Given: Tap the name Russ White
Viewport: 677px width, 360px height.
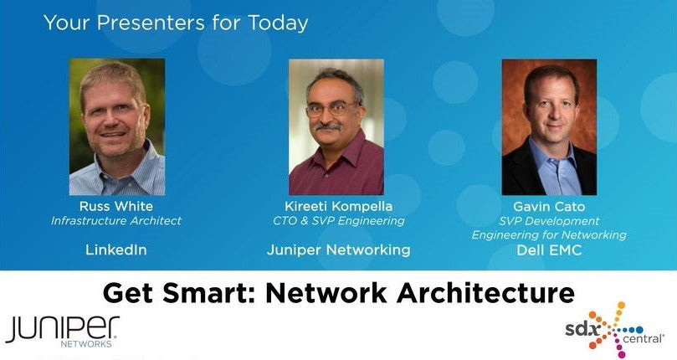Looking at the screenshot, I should pos(116,207).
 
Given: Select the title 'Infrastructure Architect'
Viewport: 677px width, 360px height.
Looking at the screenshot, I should pos(116,221).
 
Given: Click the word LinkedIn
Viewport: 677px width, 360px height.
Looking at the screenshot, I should pos(116,249).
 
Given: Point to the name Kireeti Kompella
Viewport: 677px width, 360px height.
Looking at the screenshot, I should pos(338,207).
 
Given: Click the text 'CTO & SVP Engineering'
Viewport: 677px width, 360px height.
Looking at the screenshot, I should pos(338,221).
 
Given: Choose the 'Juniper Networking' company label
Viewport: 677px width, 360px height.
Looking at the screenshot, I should pos(338,249).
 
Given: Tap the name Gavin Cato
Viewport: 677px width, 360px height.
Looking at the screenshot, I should pos(549,207).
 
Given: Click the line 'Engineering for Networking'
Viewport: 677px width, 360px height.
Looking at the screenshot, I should pos(549,235).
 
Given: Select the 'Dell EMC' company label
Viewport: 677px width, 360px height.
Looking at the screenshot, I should pos(549,249).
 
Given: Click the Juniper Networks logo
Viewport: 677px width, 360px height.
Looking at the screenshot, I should pos(62,331).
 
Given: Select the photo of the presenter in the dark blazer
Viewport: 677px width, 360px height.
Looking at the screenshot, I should pos(549,127).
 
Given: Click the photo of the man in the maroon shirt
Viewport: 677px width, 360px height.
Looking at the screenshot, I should pos(336,127).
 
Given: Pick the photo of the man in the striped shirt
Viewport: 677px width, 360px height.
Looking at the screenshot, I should pos(116,127).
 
